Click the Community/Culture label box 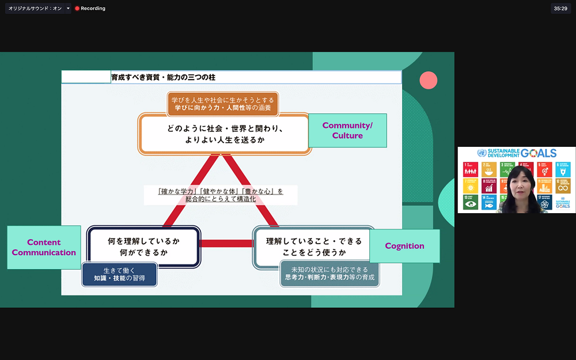(347, 130)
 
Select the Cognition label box (404, 246)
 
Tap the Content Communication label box (44, 247)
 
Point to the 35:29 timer (560, 9)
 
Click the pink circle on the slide (428, 80)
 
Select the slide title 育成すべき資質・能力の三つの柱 (163, 77)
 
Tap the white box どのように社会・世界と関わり (225, 134)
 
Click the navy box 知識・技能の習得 (119, 274)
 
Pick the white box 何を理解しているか (143, 247)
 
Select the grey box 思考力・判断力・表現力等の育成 (329, 273)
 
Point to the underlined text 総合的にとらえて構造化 (221, 199)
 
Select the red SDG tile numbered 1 (471, 169)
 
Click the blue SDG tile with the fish (489, 202)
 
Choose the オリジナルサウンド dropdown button (68, 9)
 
